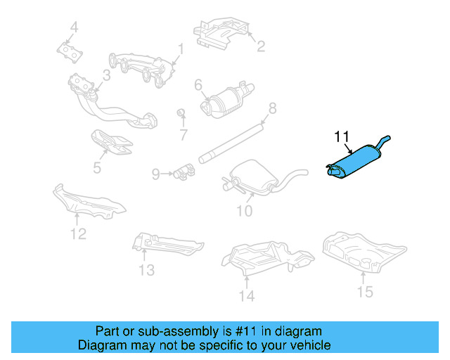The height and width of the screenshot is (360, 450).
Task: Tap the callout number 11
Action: (342, 136)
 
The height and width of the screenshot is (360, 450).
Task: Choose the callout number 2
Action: (260, 47)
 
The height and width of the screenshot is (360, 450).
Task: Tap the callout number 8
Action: (272, 108)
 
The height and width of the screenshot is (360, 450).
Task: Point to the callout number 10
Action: (243, 210)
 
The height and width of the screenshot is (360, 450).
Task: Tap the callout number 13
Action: (146, 270)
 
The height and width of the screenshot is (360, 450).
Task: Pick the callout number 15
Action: (365, 291)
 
